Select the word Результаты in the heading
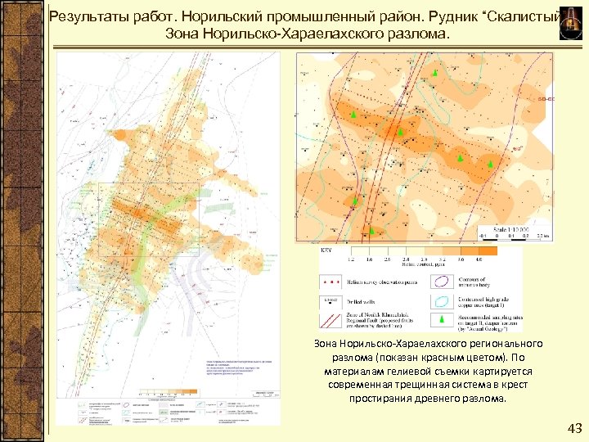pos(87,17)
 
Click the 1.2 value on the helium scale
pos(352,259)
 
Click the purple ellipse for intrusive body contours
pos(442,282)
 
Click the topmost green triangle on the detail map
pos(435,74)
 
